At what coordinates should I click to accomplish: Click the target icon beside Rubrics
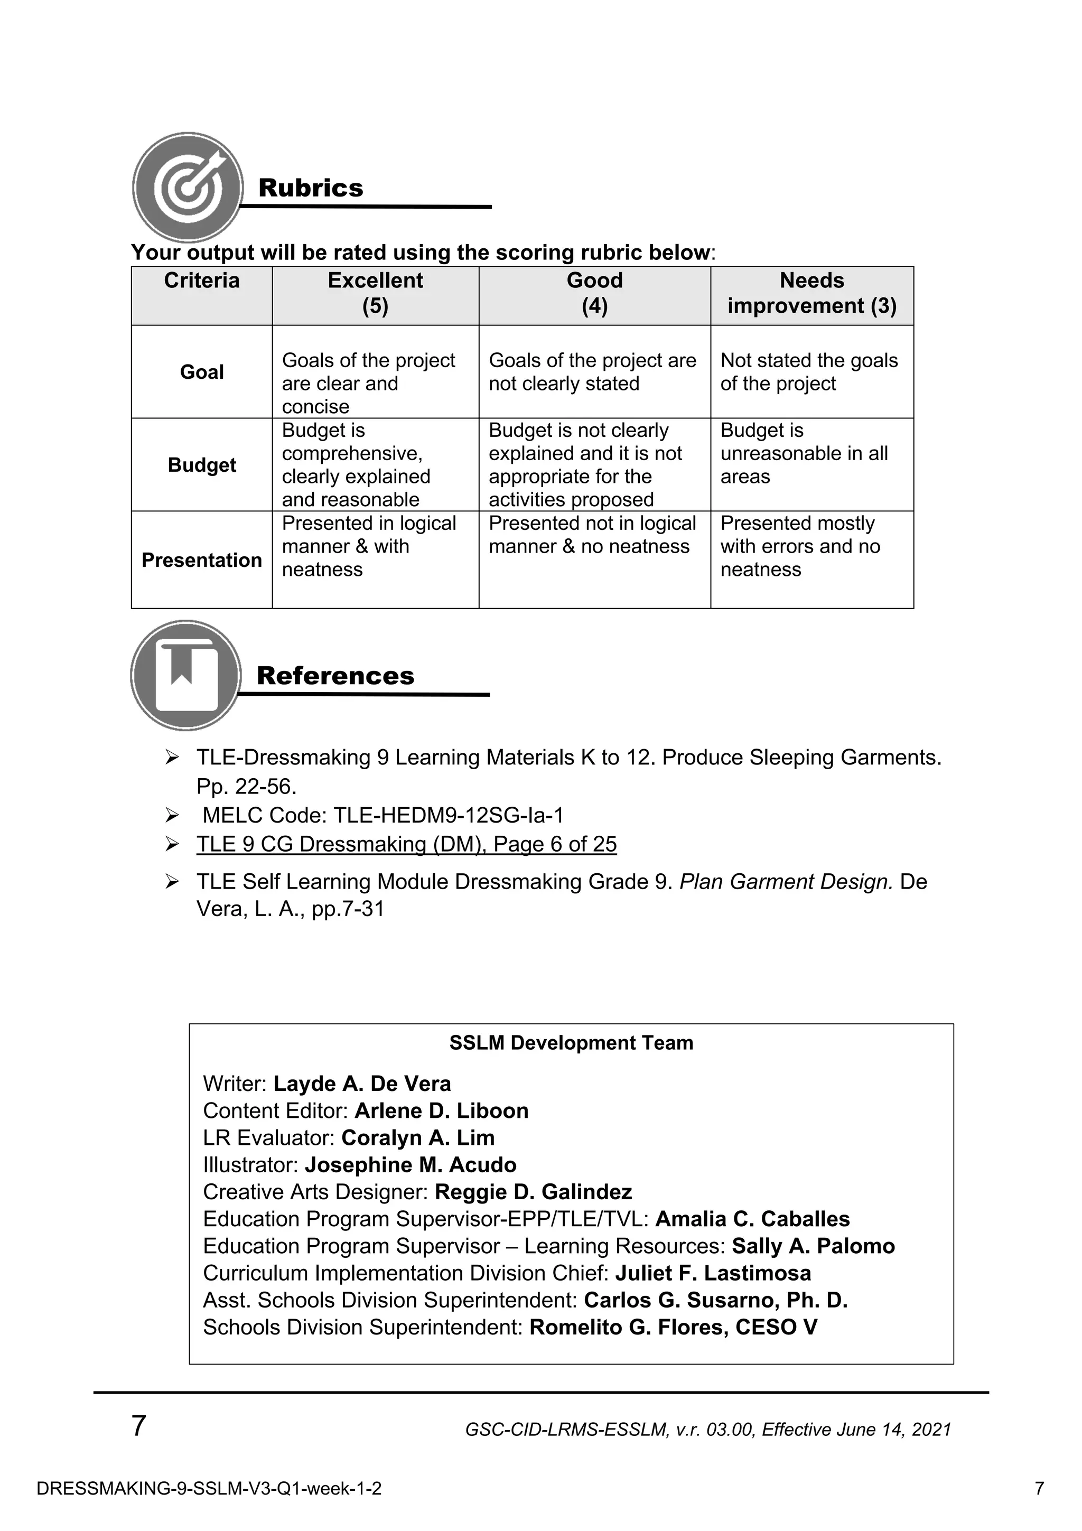click(188, 188)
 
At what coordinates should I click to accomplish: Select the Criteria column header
click(201, 281)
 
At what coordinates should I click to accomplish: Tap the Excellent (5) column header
click(375, 293)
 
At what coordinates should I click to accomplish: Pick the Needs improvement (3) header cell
click(811, 293)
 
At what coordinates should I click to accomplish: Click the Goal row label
click(201, 372)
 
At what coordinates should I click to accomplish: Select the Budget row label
click(201, 465)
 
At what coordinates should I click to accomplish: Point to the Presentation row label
click(201, 560)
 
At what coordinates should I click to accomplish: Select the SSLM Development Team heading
click(571, 1043)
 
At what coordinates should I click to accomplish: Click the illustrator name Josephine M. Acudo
click(410, 1164)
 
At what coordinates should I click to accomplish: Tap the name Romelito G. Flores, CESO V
click(673, 1327)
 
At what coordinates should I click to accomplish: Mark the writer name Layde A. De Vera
click(362, 1084)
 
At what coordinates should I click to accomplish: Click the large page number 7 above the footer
click(138, 1426)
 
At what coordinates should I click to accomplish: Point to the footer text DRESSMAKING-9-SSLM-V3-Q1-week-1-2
click(209, 1488)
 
